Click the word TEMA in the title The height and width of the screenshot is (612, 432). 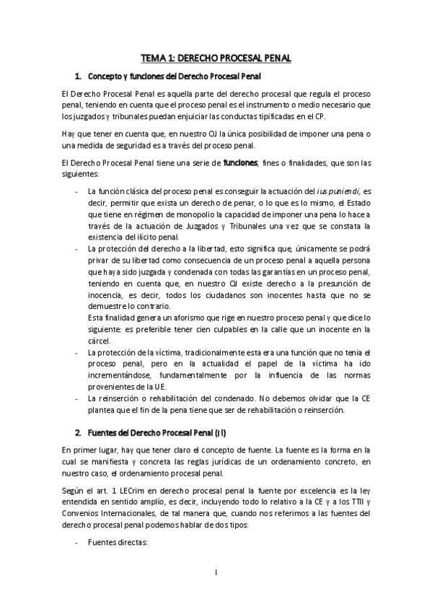[154, 61]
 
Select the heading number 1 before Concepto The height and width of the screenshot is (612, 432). [78, 76]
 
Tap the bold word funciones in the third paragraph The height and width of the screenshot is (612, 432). [240, 163]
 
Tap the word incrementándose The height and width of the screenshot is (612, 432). [118, 373]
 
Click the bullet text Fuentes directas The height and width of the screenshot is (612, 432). [117, 543]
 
